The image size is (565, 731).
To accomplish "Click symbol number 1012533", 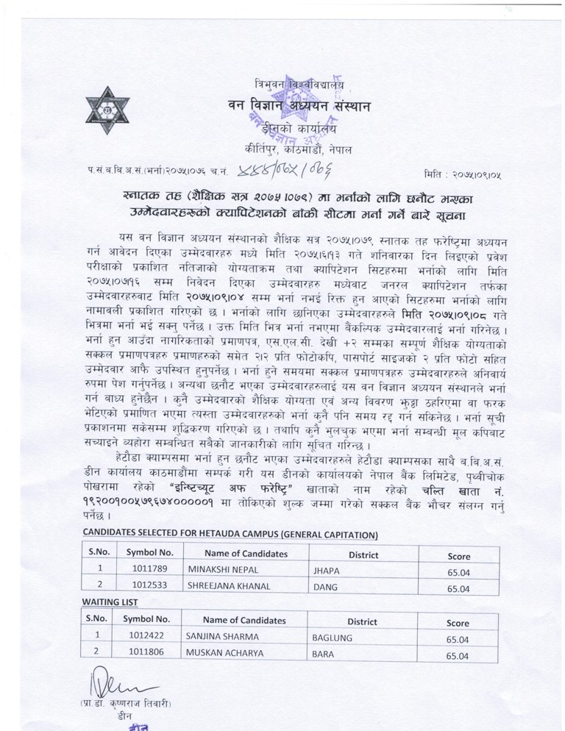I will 149,588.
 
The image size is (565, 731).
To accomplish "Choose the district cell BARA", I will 324,652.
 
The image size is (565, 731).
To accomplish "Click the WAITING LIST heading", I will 107,602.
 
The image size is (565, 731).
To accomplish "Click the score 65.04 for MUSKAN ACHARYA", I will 458,653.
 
